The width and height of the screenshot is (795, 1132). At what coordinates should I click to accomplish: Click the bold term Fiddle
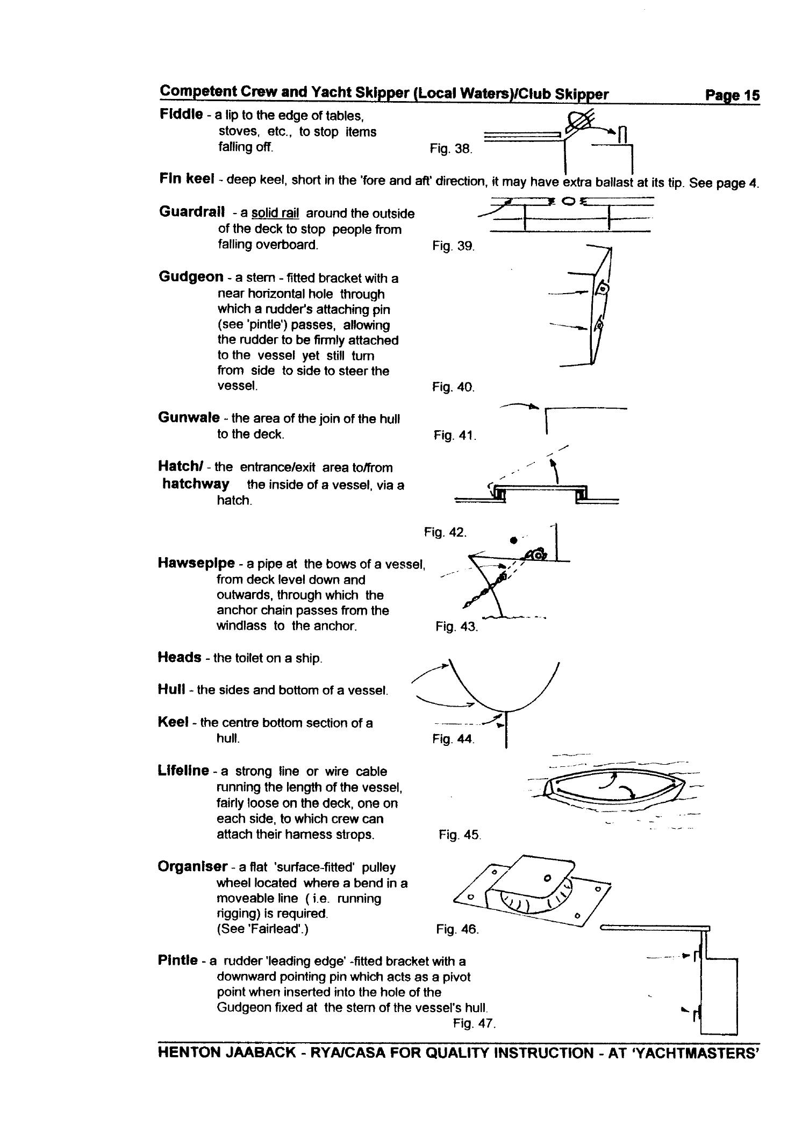(181, 115)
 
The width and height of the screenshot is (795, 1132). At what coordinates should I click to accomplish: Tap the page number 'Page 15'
(732, 95)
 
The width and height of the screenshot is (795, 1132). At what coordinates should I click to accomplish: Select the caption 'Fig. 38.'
(450, 149)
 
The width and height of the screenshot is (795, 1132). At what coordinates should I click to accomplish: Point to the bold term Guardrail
(192, 212)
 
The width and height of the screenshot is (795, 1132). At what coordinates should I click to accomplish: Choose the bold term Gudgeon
(191, 277)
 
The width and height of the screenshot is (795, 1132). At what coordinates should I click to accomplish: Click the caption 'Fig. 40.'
(453, 387)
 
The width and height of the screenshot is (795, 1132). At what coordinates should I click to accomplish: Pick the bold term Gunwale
(189, 418)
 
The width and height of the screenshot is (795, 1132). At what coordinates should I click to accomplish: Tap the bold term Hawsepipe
(196, 563)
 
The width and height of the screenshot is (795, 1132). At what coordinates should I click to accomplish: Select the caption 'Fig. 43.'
(456, 626)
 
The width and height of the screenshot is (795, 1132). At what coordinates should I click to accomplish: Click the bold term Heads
(180, 657)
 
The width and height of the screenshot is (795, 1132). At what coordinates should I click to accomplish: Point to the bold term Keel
(173, 722)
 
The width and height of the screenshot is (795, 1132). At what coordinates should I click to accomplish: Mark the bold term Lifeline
(183, 771)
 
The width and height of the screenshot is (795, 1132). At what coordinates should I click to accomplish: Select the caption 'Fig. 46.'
(457, 929)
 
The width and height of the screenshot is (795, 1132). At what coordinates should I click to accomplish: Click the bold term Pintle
(177, 960)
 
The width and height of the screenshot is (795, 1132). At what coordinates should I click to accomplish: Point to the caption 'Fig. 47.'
(474, 1023)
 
